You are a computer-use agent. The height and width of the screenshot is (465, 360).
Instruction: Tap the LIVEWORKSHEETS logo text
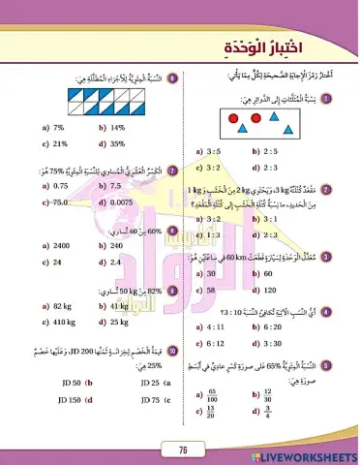click(309, 453)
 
